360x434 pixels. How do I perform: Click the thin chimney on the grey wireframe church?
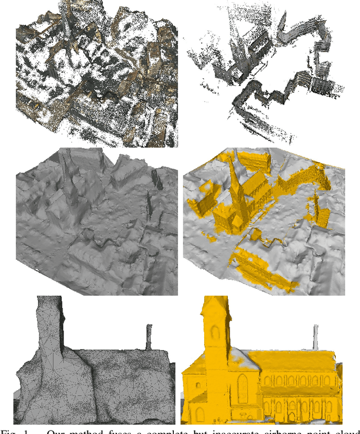tap(148, 336)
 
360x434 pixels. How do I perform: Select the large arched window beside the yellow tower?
tap(242, 388)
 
